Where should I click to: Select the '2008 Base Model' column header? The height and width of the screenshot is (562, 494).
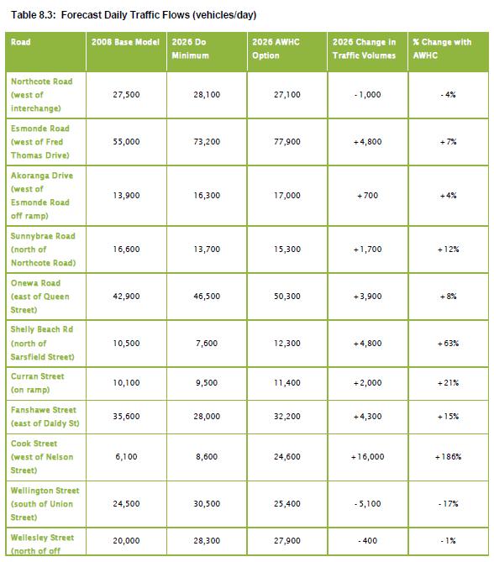125,41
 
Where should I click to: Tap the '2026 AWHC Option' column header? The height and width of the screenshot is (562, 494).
281,47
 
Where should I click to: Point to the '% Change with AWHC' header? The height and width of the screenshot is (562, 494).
448,47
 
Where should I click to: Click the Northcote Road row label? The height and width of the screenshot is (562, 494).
41,95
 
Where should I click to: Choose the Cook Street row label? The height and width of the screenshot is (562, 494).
41,456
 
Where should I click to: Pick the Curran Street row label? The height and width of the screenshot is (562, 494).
41,383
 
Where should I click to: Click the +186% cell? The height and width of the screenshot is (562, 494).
448,457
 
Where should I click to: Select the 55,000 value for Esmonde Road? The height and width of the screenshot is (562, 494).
125,142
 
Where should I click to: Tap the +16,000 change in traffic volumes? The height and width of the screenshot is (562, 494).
367,457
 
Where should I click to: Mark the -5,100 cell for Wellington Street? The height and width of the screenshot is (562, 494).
367,504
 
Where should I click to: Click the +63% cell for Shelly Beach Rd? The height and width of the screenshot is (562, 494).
448,344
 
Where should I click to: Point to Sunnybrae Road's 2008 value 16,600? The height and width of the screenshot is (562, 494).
125,249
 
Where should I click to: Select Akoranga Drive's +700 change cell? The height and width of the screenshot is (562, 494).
367,196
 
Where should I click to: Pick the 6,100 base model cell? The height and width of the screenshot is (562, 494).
125,457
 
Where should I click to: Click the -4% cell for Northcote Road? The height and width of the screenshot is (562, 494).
448,95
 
